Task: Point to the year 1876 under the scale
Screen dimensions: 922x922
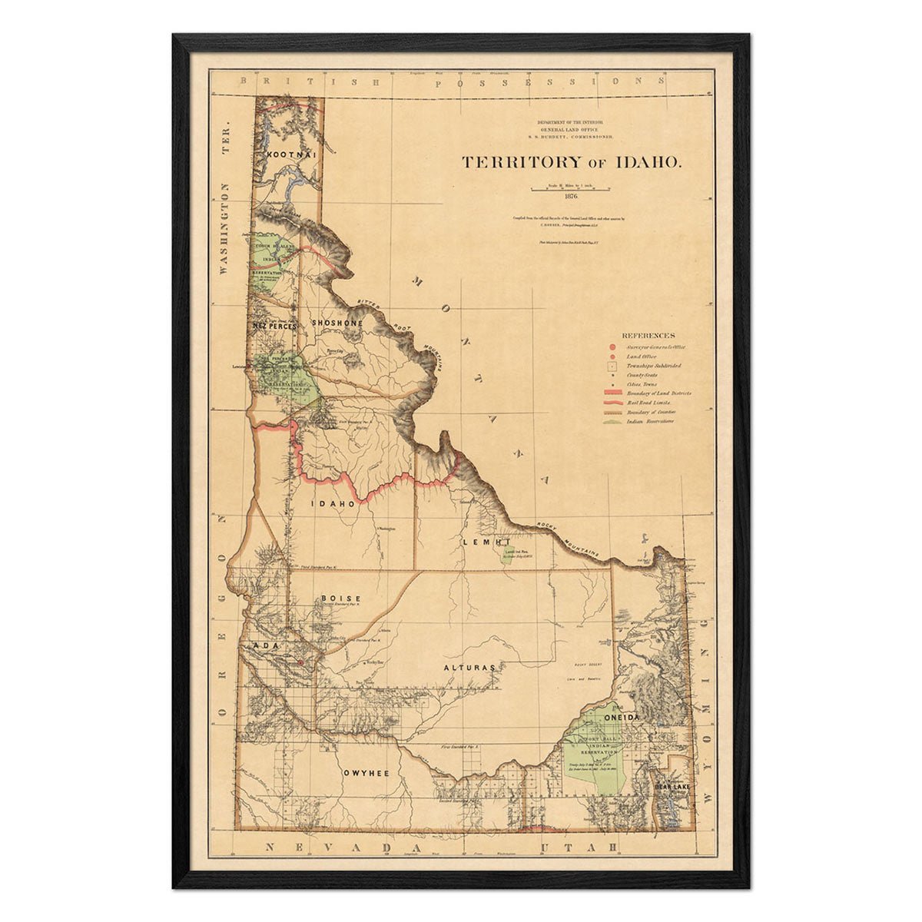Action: [x=570, y=196]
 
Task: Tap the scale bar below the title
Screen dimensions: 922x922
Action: [x=570, y=187]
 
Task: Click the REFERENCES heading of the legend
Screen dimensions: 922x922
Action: [x=648, y=336]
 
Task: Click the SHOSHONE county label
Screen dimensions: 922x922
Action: [x=337, y=323]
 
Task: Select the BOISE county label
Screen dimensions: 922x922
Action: [x=340, y=598]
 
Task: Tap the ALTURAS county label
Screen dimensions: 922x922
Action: [x=468, y=668]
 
